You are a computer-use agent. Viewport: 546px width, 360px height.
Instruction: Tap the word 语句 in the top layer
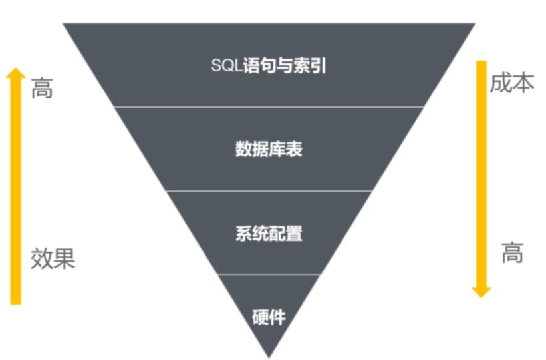[260, 66]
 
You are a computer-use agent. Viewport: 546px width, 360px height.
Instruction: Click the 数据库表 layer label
[269, 149]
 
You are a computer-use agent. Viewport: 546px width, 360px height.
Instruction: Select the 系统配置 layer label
[269, 234]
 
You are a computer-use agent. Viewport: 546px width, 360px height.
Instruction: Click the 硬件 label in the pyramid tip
[269, 317]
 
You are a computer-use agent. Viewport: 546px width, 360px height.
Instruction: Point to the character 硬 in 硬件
[261, 317]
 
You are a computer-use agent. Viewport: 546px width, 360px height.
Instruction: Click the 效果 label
[53, 258]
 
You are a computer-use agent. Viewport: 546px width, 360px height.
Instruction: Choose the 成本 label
[511, 83]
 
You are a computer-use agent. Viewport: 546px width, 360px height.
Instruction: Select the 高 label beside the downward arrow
[512, 253]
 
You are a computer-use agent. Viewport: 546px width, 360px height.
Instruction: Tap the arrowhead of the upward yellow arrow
[15, 73]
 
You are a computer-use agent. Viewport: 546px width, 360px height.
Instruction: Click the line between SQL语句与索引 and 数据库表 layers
[269, 106]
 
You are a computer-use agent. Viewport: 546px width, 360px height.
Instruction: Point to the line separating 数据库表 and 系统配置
[269, 191]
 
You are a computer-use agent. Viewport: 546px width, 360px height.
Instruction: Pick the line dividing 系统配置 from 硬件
[269, 275]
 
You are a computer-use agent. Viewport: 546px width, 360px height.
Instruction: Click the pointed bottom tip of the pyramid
[269, 356]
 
